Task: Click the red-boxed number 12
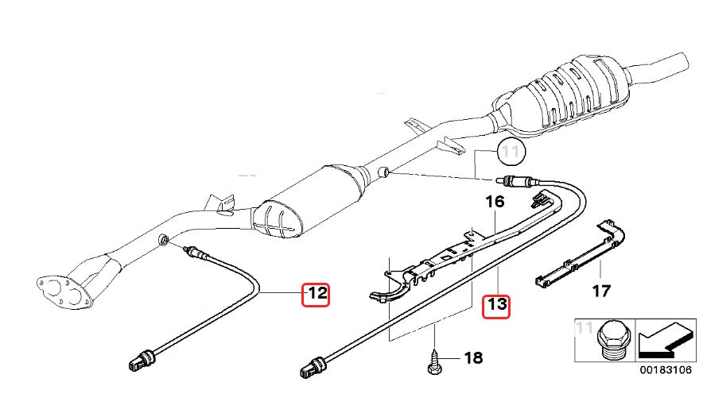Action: point(316,294)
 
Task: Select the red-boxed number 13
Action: point(496,304)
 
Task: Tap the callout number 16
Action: point(495,202)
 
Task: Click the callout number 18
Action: point(472,358)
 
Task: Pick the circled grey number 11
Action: point(509,150)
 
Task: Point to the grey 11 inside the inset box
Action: point(585,326)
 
